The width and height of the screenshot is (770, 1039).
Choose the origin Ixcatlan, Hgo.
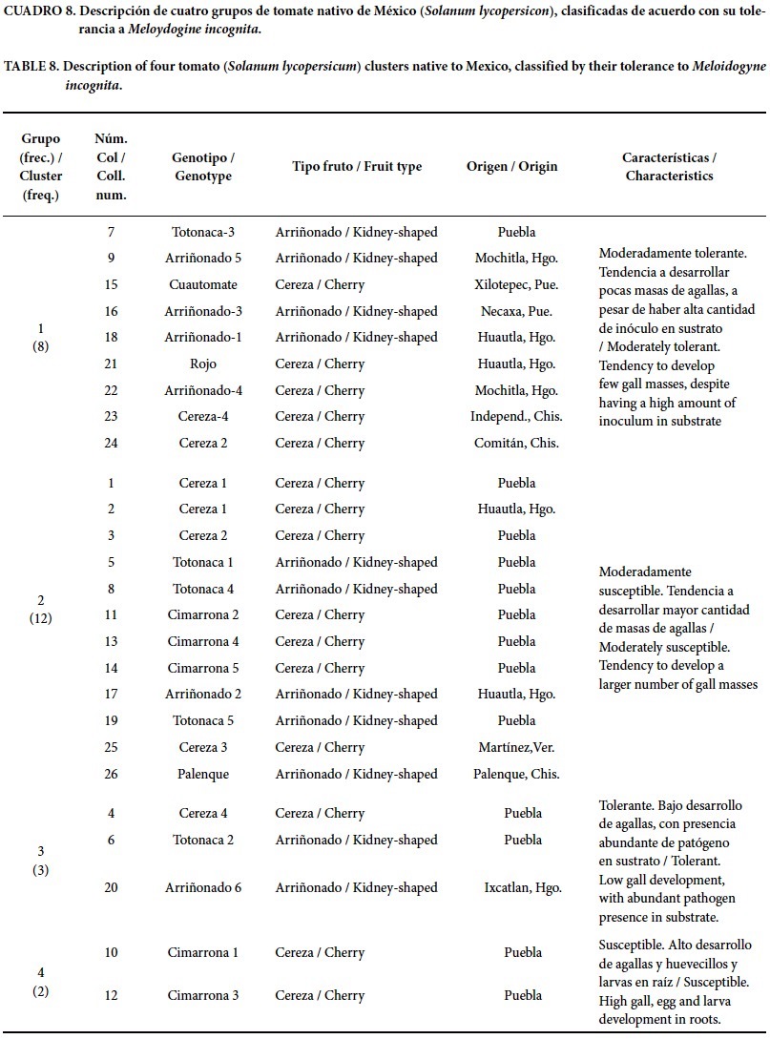(x=523, y=887)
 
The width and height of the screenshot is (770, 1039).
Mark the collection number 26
(x=111, y=774)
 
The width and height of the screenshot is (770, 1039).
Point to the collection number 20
(x=111, y=887)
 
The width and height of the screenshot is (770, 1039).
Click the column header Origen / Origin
(x=511, y=167)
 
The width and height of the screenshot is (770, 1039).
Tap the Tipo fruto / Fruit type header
(x=356, y=167)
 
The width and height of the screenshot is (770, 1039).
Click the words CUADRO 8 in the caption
(x=39, y=11)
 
